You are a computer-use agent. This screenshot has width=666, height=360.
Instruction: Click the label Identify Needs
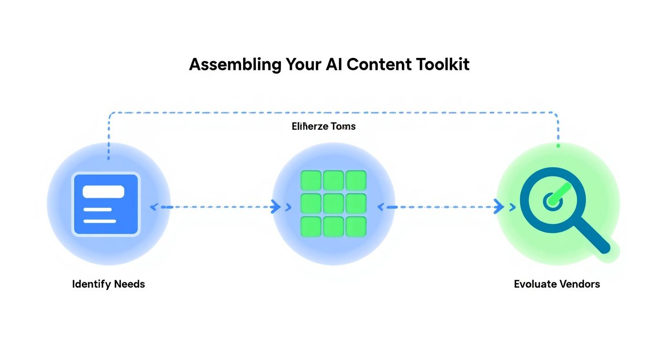click(109, 284)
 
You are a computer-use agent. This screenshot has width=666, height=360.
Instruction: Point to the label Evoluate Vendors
click(557, 284)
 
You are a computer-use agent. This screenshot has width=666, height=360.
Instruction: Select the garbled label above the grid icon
click(323, 126)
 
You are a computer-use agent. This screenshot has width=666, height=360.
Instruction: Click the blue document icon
click(106, 204)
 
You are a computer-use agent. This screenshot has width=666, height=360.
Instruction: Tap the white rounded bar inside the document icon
click(103, 191)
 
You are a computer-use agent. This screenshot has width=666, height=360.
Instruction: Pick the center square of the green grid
click(333, 203)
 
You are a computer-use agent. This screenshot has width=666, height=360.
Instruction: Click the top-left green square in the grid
click(310, 180)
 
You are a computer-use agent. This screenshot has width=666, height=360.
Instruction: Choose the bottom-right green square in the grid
click(356, 226)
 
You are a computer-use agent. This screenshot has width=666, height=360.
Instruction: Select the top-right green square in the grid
click(356, 180)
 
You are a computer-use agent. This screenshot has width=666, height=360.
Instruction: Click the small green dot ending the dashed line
click(558, 145)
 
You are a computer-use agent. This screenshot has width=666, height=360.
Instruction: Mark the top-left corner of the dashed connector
click(110, 114)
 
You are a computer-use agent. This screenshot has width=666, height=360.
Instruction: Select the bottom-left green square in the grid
click(310, 226)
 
